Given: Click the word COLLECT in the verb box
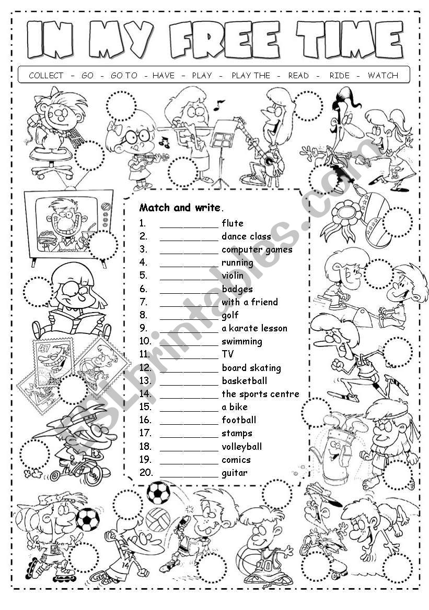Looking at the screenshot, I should [x=46, y=75].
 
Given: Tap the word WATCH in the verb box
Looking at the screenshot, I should [x=382, y=75].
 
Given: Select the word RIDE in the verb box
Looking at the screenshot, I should [x=339, y=75].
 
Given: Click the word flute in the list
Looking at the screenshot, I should [x=233, y=223].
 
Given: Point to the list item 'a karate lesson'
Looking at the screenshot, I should [x=254, y=328].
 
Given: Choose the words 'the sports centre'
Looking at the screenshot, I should [x=260, y=394].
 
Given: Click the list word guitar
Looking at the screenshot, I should [x=235, y=473].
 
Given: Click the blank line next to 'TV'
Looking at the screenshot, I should [x=189, y=355].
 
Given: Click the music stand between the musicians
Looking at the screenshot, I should [x=223, y=141].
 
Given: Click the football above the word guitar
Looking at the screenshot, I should [x=158, y=492].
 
